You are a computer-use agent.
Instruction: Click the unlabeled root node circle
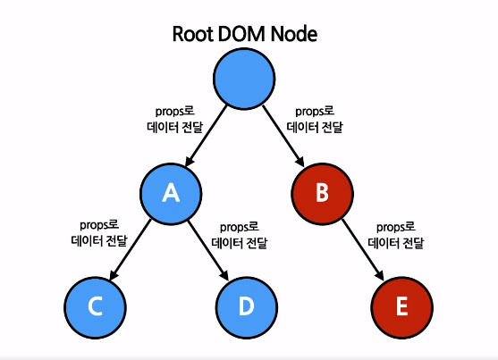(244, 79)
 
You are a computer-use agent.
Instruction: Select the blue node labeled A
(171, 194)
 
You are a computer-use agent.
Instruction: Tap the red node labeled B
(323, 194)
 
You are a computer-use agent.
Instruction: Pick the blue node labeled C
(96, 307)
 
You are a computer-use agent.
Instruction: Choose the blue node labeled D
(247, 307)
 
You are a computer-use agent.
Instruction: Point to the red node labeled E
(401, 307)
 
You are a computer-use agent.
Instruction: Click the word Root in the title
(193, 34)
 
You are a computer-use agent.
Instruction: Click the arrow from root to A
(206, 136)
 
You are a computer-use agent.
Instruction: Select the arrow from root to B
(283, 136)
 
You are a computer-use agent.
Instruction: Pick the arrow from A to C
(130, 250)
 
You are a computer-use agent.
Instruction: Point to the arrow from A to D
(208, 250)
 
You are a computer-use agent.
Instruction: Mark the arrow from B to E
(363, 250)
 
